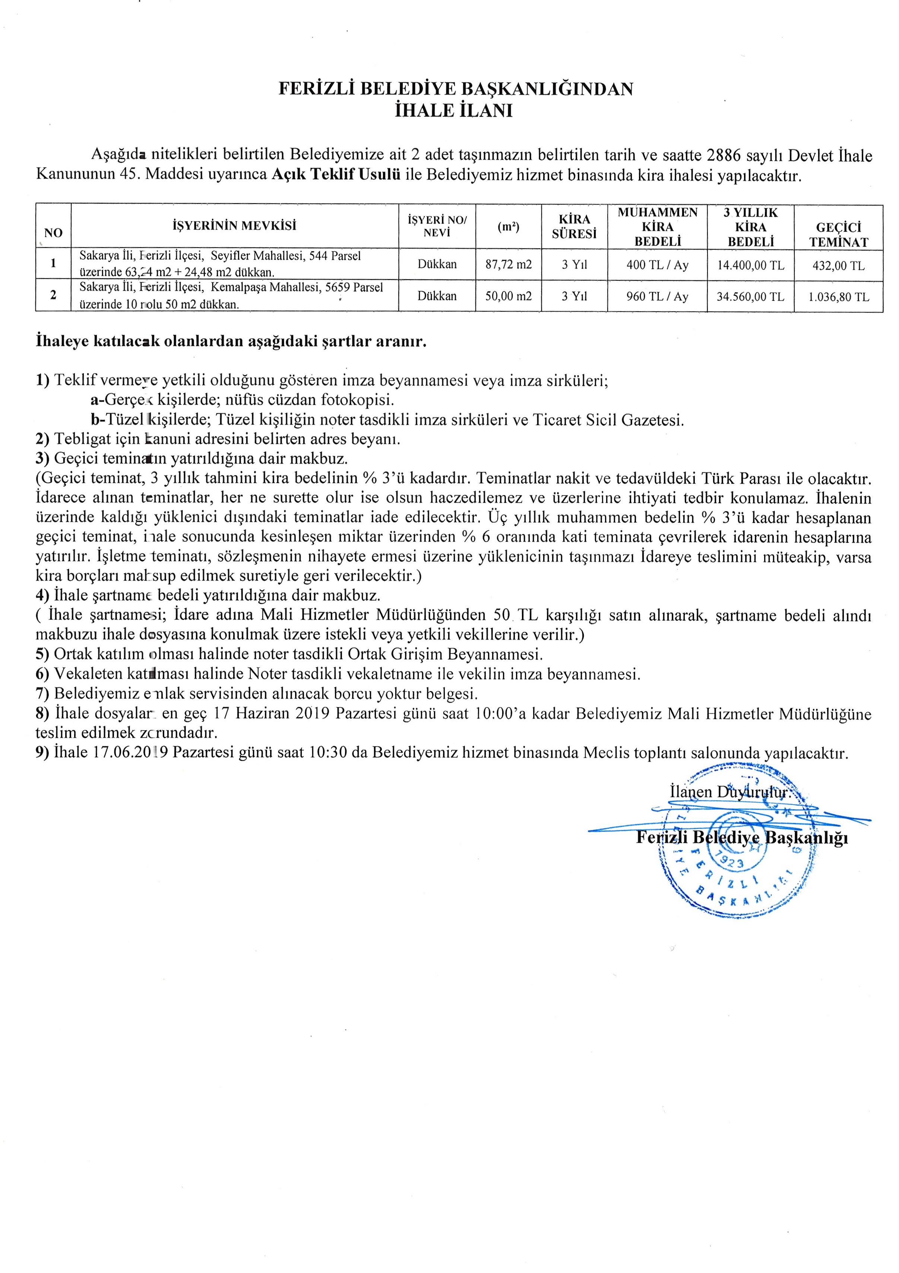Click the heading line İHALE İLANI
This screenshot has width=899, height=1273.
453,110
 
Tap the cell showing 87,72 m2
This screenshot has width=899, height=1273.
508,264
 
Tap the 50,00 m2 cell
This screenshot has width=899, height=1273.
508,296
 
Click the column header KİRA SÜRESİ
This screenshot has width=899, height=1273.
574,226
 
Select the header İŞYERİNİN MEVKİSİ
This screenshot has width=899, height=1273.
234,226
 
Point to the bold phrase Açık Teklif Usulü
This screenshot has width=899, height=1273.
336,175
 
